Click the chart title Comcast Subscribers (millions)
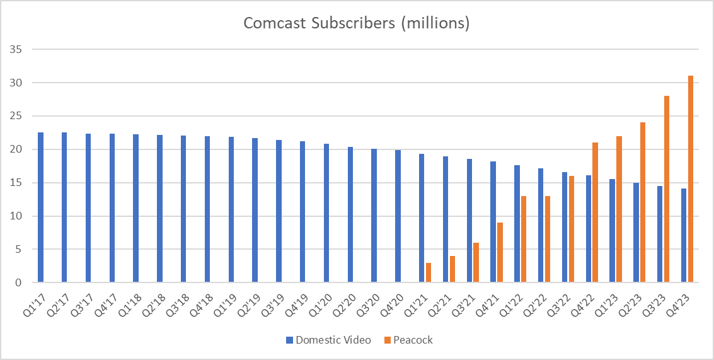coord(357,24)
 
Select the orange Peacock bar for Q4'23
coord(691,180)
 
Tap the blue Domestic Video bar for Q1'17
coord(41,207)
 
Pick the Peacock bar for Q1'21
coord(429,273)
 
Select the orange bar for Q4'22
coord(596,213)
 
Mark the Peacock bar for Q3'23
coord(667,189)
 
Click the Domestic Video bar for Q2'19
coord(255,211)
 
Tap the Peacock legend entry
coord(409,340)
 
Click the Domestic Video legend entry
coord(328,340)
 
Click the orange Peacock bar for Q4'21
coord(500,253)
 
